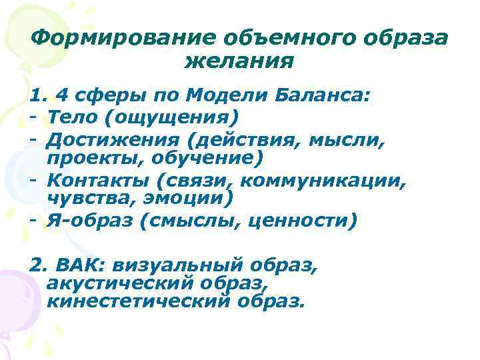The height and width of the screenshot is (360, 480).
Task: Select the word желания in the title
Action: tap(239, 62)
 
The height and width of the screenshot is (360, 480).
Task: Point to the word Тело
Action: tap(72, 117)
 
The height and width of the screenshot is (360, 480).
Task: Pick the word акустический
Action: tap(114, 285)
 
